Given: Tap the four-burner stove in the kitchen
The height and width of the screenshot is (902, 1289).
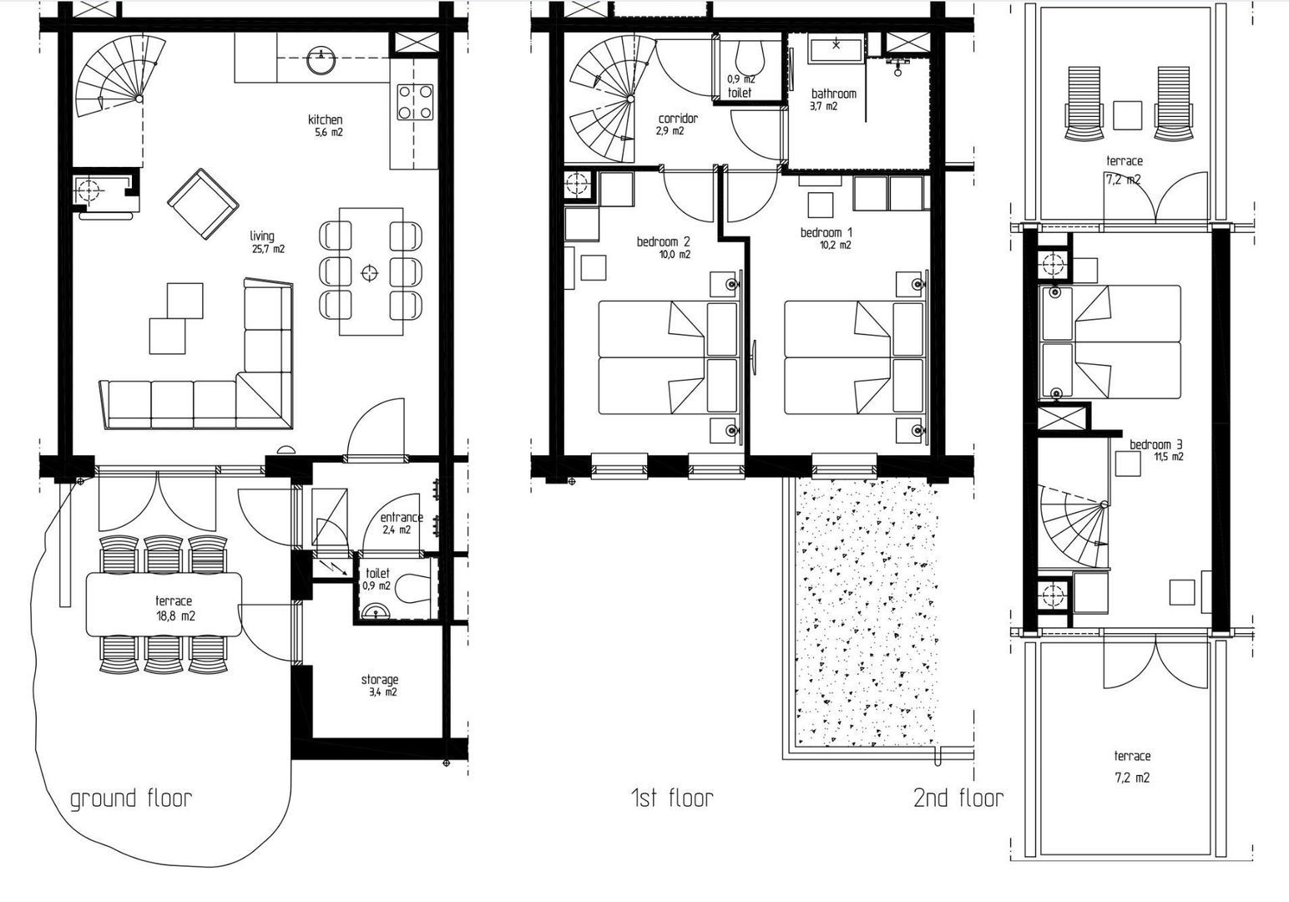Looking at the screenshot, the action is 415,102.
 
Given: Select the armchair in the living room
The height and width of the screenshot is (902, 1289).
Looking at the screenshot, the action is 203,204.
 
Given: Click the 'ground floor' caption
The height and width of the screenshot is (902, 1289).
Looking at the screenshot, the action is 131,799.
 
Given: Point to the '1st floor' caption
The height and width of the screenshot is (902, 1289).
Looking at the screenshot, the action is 672,798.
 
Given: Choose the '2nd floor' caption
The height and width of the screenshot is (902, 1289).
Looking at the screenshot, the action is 958,798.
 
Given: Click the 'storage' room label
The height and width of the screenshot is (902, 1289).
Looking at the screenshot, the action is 380,680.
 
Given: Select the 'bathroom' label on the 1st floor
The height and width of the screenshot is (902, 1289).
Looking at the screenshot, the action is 834,94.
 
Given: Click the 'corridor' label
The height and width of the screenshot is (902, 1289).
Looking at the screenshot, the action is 678,119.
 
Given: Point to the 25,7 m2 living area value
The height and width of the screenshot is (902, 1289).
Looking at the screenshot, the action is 268,249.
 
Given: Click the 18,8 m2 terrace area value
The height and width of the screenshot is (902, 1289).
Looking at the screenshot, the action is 175,616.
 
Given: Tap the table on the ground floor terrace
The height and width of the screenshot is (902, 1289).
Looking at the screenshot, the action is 164,604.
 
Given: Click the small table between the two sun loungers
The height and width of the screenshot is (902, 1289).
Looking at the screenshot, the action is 1127,115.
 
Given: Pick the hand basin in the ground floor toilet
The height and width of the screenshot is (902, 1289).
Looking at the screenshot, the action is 377,611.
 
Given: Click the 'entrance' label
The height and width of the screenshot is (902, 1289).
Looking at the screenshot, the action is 402,518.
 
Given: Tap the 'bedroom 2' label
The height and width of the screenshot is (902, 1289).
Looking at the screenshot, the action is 663,241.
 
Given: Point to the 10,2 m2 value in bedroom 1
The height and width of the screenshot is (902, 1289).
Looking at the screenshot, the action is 836,246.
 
